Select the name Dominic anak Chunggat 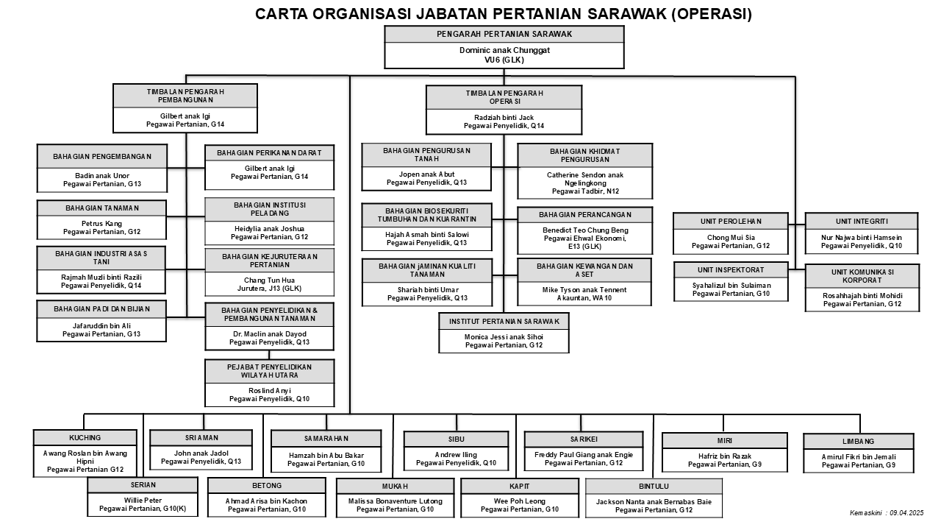tap(504, 50)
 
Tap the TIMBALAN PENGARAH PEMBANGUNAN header tap(185, 96)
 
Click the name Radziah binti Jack tap(504, 117)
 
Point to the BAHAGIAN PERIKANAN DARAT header tap(269, 152)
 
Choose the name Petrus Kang tap(101, 223)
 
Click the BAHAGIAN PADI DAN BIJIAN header tap(101, 308)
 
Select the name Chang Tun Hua tap(269, 280)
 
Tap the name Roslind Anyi tap(269, 390)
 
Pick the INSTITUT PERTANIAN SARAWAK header tap(504, 322)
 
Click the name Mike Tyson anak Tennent tap(584, 290)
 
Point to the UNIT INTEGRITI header tap(862, 222)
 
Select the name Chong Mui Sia tap(731, 237)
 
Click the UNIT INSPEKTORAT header tap(731, 269)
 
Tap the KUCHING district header tap(85, 437)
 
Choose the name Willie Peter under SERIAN tap(143, 500)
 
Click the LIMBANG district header tap(858, 441)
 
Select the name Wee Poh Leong tap(520, 501)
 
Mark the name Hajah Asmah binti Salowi tap(427, 235)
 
